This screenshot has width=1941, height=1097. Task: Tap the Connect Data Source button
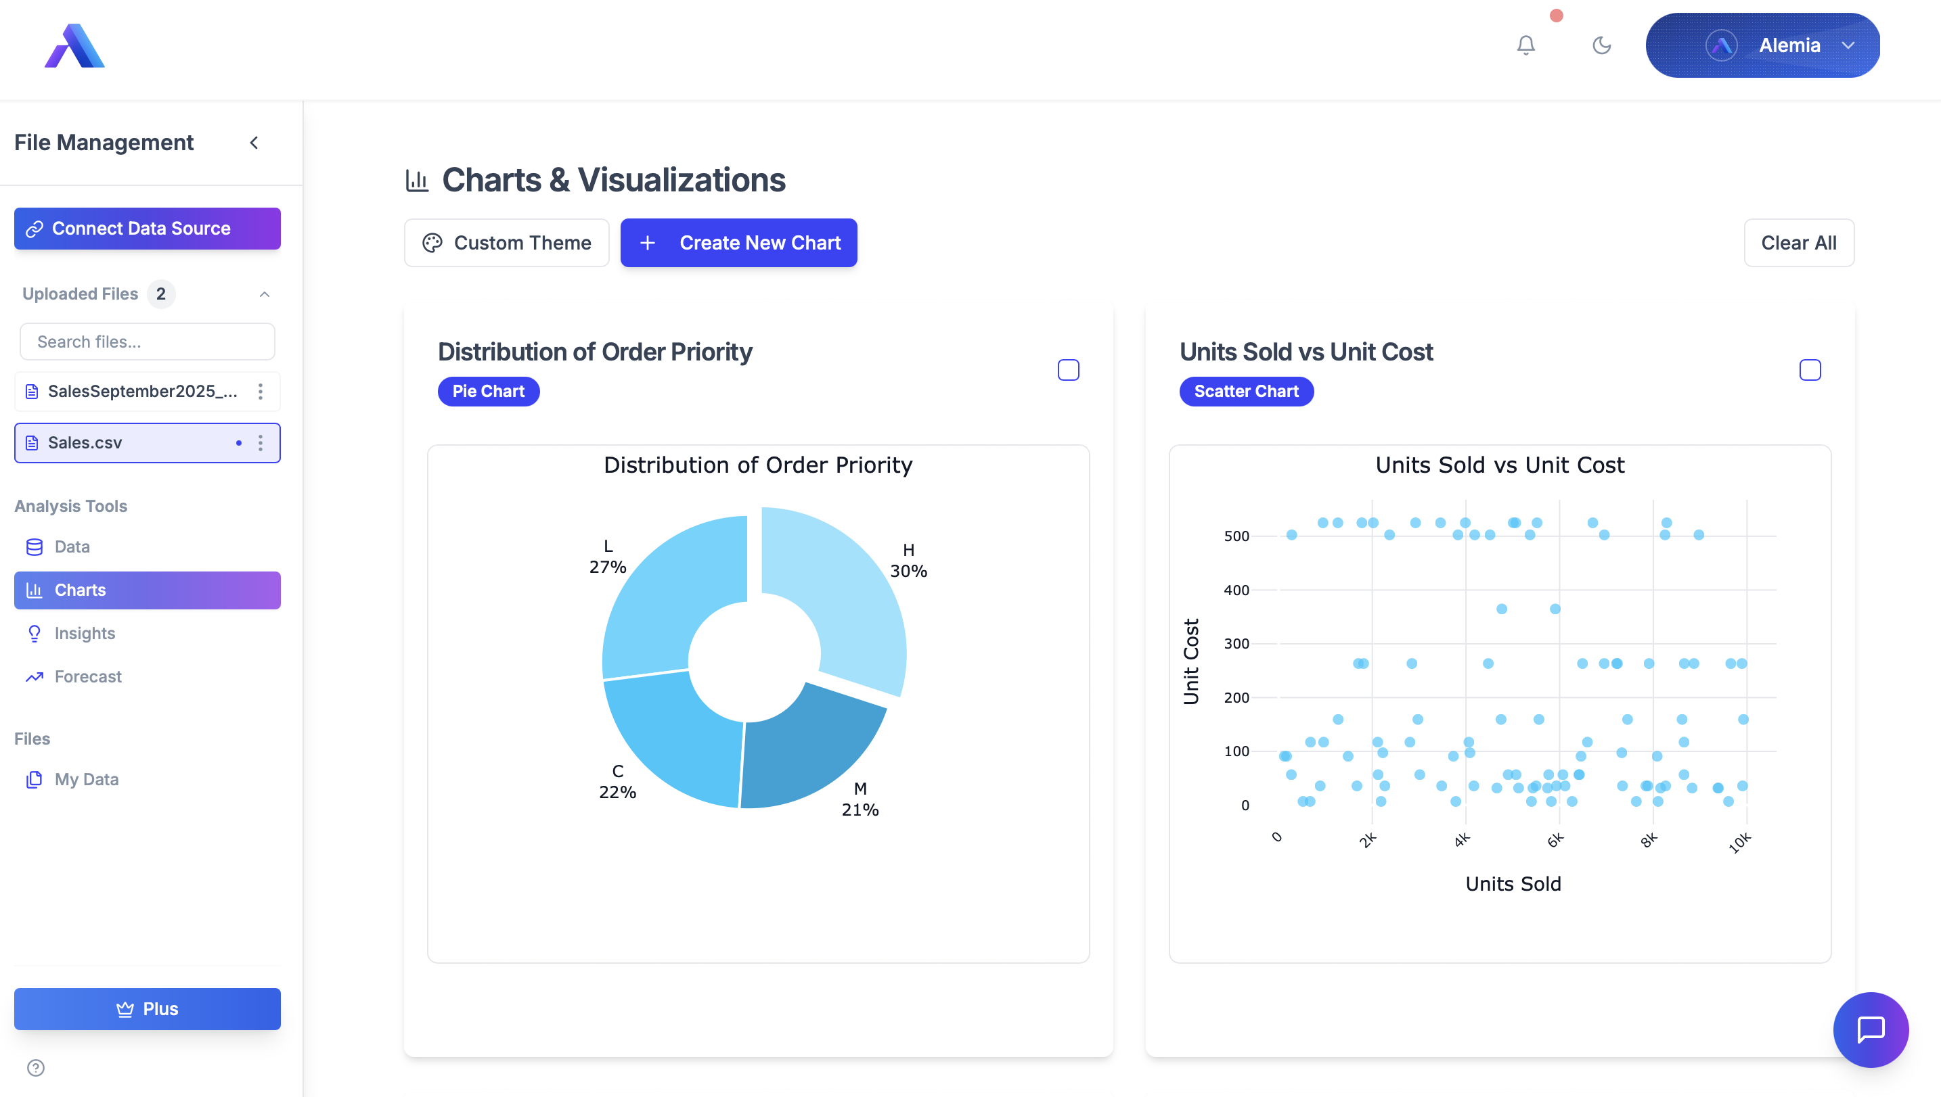point(147,229)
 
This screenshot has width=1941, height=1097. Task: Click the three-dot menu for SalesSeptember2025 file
point(260,391)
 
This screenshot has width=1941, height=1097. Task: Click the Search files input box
point(147,342)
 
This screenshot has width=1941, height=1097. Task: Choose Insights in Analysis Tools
point(85,634)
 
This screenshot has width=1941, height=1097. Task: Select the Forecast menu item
point(87,676)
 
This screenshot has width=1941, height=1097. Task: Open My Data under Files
point(86,779)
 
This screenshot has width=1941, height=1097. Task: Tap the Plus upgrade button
point(147,1009)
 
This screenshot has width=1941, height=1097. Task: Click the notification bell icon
point(1525,45)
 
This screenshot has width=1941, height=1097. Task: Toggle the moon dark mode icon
point(1601,45)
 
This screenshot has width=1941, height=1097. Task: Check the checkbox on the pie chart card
point(1068,370)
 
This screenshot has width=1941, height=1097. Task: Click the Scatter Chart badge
point(1246,392)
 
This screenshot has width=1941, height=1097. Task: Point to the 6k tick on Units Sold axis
point(1555,840)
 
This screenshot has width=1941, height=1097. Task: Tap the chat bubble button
point(1870,1030)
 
